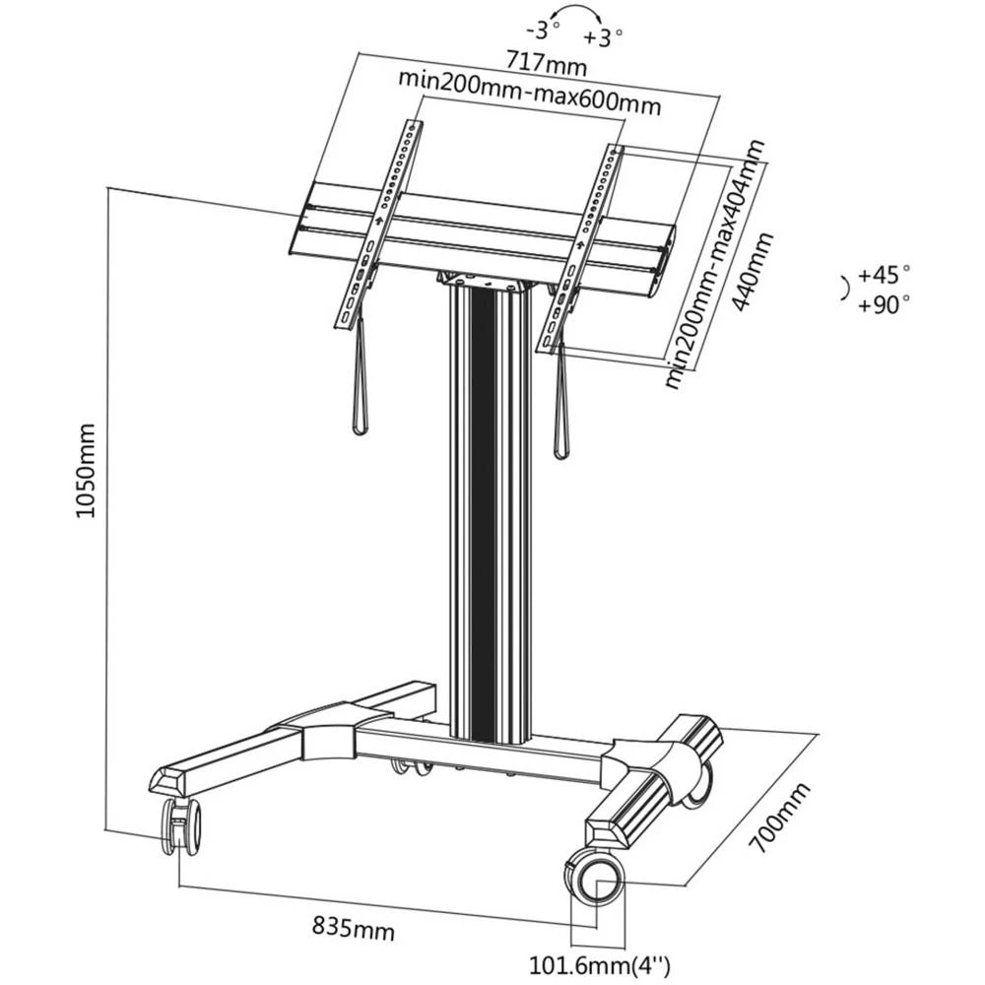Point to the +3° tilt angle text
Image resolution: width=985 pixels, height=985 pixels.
point(603,38)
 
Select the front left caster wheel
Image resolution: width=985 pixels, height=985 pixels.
point(181,825)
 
